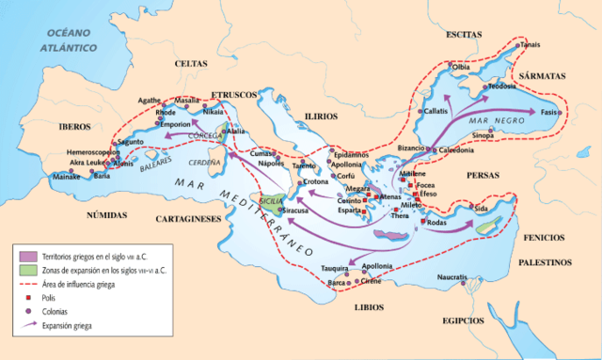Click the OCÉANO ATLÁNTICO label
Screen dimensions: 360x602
[x=65, y=39]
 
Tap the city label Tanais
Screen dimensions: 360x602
[x=557, y=44]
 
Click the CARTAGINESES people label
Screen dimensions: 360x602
[x=185, y=218]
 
